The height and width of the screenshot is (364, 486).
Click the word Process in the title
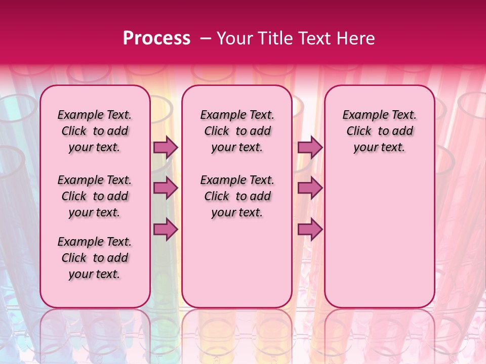coord(156,38)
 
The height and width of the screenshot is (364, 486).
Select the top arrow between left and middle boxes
coord(166,148)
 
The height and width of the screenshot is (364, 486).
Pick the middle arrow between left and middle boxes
coord(166,188)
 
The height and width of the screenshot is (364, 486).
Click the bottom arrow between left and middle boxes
coord(166,230)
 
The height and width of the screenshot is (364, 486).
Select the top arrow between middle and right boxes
coord(310,148)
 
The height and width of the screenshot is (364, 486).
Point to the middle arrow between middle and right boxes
coord(310,188)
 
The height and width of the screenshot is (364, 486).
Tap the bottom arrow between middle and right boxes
coord(310,230)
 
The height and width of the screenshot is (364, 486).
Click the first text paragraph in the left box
coord(95,131)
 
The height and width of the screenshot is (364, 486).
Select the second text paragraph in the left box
coord(95,196)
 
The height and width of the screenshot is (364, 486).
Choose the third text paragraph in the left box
coord(95,258)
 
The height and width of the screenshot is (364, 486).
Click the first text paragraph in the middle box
coord(237,131)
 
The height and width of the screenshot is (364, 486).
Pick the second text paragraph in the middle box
coord(237,196)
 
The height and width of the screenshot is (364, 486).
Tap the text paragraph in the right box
coord(380,131)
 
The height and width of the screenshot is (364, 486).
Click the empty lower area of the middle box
coord(237,263)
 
